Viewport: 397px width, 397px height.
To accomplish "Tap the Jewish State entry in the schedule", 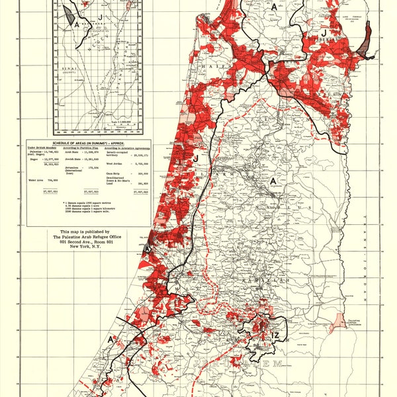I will click(64, 159).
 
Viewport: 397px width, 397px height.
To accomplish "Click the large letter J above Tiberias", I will click(324, 32).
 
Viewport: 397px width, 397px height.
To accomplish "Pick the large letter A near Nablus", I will click(271, 180).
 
